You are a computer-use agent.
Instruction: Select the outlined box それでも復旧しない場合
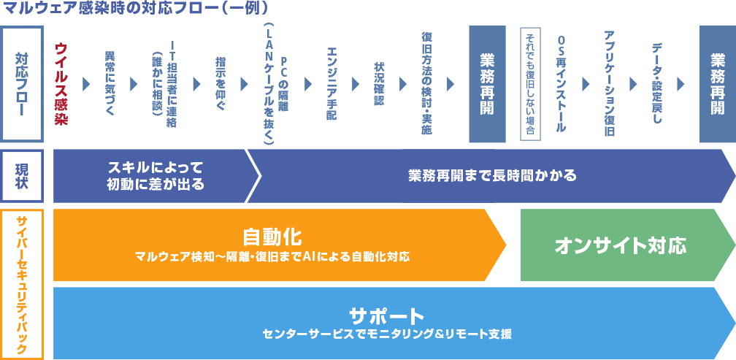pos(530,83)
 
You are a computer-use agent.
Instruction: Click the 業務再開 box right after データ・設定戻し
pos(717,83)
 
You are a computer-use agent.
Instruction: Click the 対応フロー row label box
pos(23,83)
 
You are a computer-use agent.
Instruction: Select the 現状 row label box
pos(23,176)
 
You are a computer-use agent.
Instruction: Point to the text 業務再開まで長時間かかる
pos(492,176)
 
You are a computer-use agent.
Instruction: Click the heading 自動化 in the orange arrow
pos(272,237)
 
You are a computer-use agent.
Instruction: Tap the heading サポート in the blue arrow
pos(386,316)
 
